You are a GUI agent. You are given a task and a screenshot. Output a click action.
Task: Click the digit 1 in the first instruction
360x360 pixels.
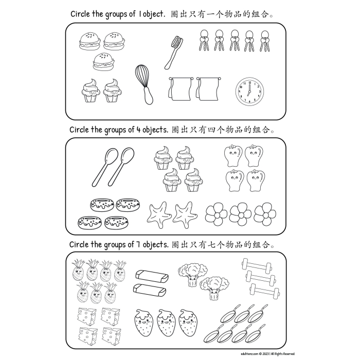click(140, 14)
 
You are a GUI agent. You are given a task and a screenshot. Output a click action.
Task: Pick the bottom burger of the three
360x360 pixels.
click(103, 63)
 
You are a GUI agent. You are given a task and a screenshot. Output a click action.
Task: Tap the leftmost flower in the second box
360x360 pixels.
click(215, 213)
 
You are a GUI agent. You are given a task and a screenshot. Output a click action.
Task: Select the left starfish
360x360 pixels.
click(158, 214)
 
